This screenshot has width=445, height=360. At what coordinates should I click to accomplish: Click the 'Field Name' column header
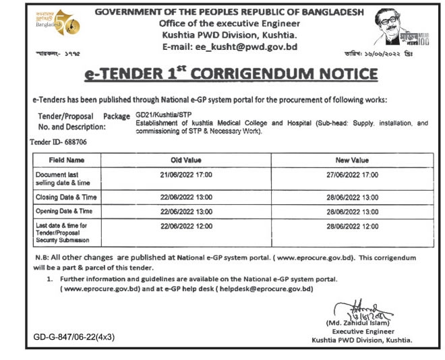[67, 160]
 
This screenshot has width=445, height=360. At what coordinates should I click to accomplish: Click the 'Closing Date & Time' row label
[67, 197]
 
